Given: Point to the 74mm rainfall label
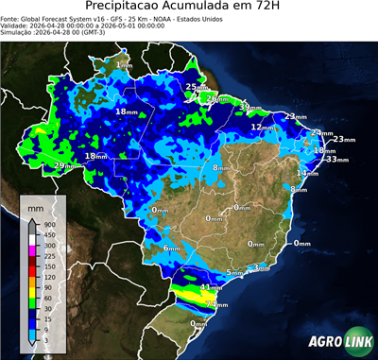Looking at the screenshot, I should click(216, 305).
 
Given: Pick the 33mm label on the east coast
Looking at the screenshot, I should click(335, 160).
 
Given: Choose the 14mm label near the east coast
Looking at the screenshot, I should click(307, 173).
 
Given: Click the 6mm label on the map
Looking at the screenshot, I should click(171, 249).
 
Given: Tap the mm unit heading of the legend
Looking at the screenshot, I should click(38, 205).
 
